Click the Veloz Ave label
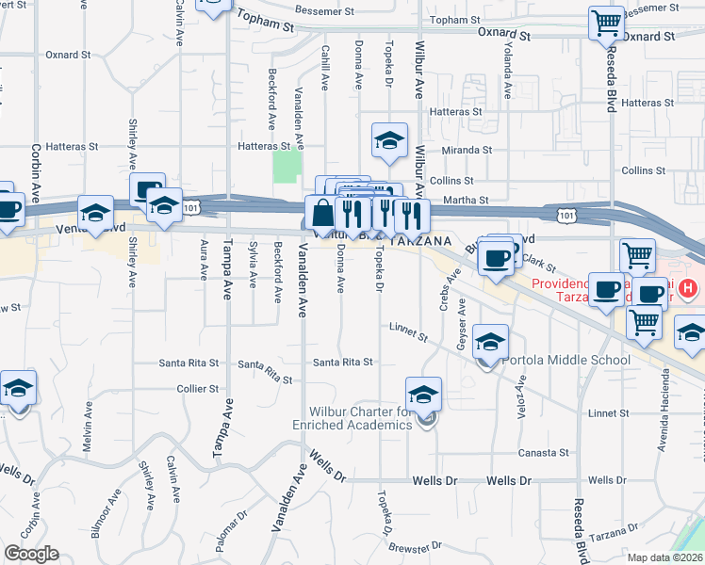521,394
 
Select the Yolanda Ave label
507,76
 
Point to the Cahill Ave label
323,69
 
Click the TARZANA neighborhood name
416,242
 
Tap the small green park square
283,168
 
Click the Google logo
31,554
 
